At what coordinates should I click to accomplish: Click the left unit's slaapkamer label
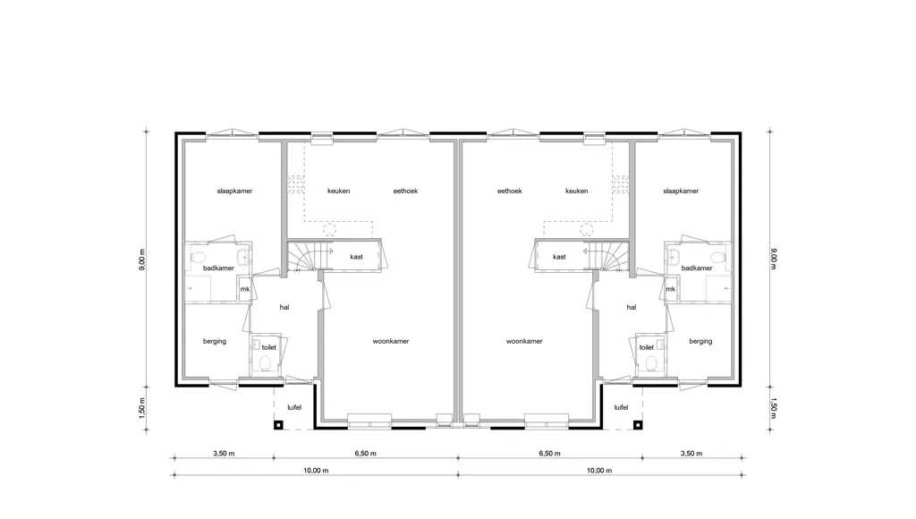234,191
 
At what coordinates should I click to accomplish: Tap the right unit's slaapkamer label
681,191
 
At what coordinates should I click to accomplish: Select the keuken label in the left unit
339,191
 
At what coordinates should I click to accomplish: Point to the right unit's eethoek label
510,191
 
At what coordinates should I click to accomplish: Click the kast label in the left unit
356,257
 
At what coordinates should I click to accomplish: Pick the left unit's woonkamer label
391,341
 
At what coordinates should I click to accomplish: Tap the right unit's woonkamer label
524,341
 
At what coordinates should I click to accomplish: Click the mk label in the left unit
245,289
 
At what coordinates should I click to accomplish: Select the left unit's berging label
215,341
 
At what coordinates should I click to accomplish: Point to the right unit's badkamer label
697,268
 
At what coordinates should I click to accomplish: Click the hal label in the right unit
631,308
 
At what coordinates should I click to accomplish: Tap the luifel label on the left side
294,407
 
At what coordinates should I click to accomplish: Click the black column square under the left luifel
279,425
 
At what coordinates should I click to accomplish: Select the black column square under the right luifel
639,425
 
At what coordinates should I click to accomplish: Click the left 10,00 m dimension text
316,471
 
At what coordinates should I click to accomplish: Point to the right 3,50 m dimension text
691,454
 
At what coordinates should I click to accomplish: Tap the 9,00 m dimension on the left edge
142,259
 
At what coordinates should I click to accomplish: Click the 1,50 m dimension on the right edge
774,408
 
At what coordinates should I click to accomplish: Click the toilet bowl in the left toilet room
264,365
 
